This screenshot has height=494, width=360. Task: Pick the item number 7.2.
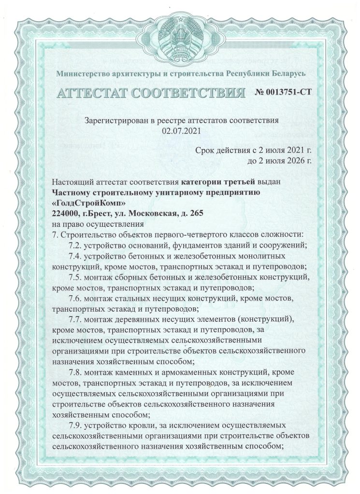77,246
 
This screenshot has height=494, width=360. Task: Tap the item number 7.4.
77,257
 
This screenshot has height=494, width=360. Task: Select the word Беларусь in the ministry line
285,74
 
